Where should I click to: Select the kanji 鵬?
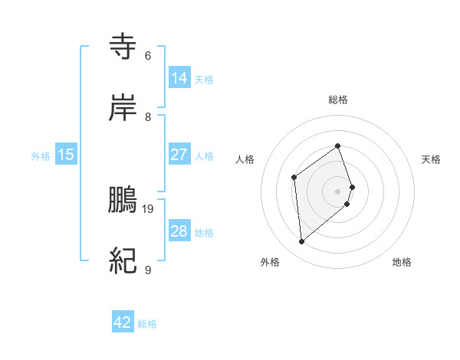pyautogui.click(x=123, y=201)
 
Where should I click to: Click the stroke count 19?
pyautogui.click(x=149, y=208)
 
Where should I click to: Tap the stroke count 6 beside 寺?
pyautogui.click(x=148, y=55)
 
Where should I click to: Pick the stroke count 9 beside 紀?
pyautogui.click(x=148, y=270)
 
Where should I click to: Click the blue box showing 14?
pyautogui.click(x=179, y=78)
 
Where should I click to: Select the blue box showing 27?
pyautogui.click(x=179, y=155)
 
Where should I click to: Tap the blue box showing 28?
pyautogui.click(x=179, y=231)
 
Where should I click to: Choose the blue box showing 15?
pyautogui.click(x=66, y=155)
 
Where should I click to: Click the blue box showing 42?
pyautogui.click(x=123, y=323)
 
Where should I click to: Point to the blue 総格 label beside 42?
pyautogui.click(x=147, y=324)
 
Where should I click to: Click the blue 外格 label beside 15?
pyautogui.click(x=41, y=155)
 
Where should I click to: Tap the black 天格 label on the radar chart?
pyautogui.click(x=431, y=159)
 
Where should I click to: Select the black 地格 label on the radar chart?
pyautogui.click(x=402, y=262)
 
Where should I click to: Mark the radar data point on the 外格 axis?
pyautogui.click(x=302, y=242)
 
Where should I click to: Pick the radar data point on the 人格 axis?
pyautogui.click(x=294, y=178)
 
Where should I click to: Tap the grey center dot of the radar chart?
pyautogui.click(x=338, y=190)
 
